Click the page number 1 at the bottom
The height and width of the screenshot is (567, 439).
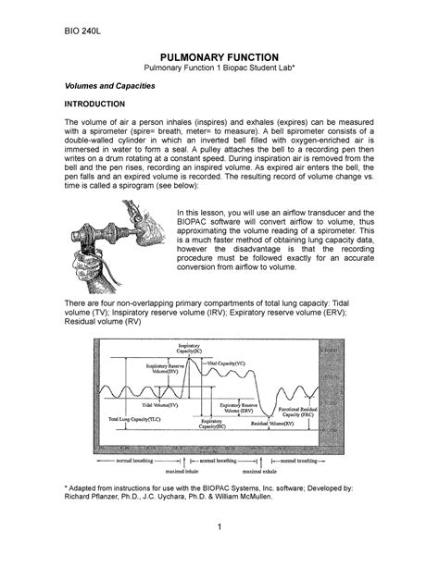pos(219,527)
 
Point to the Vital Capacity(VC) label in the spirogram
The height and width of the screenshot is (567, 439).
pos(227,364)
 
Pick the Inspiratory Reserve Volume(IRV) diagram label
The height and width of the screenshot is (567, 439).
pos(168,370)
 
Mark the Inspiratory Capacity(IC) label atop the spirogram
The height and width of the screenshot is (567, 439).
pos(194,348)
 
